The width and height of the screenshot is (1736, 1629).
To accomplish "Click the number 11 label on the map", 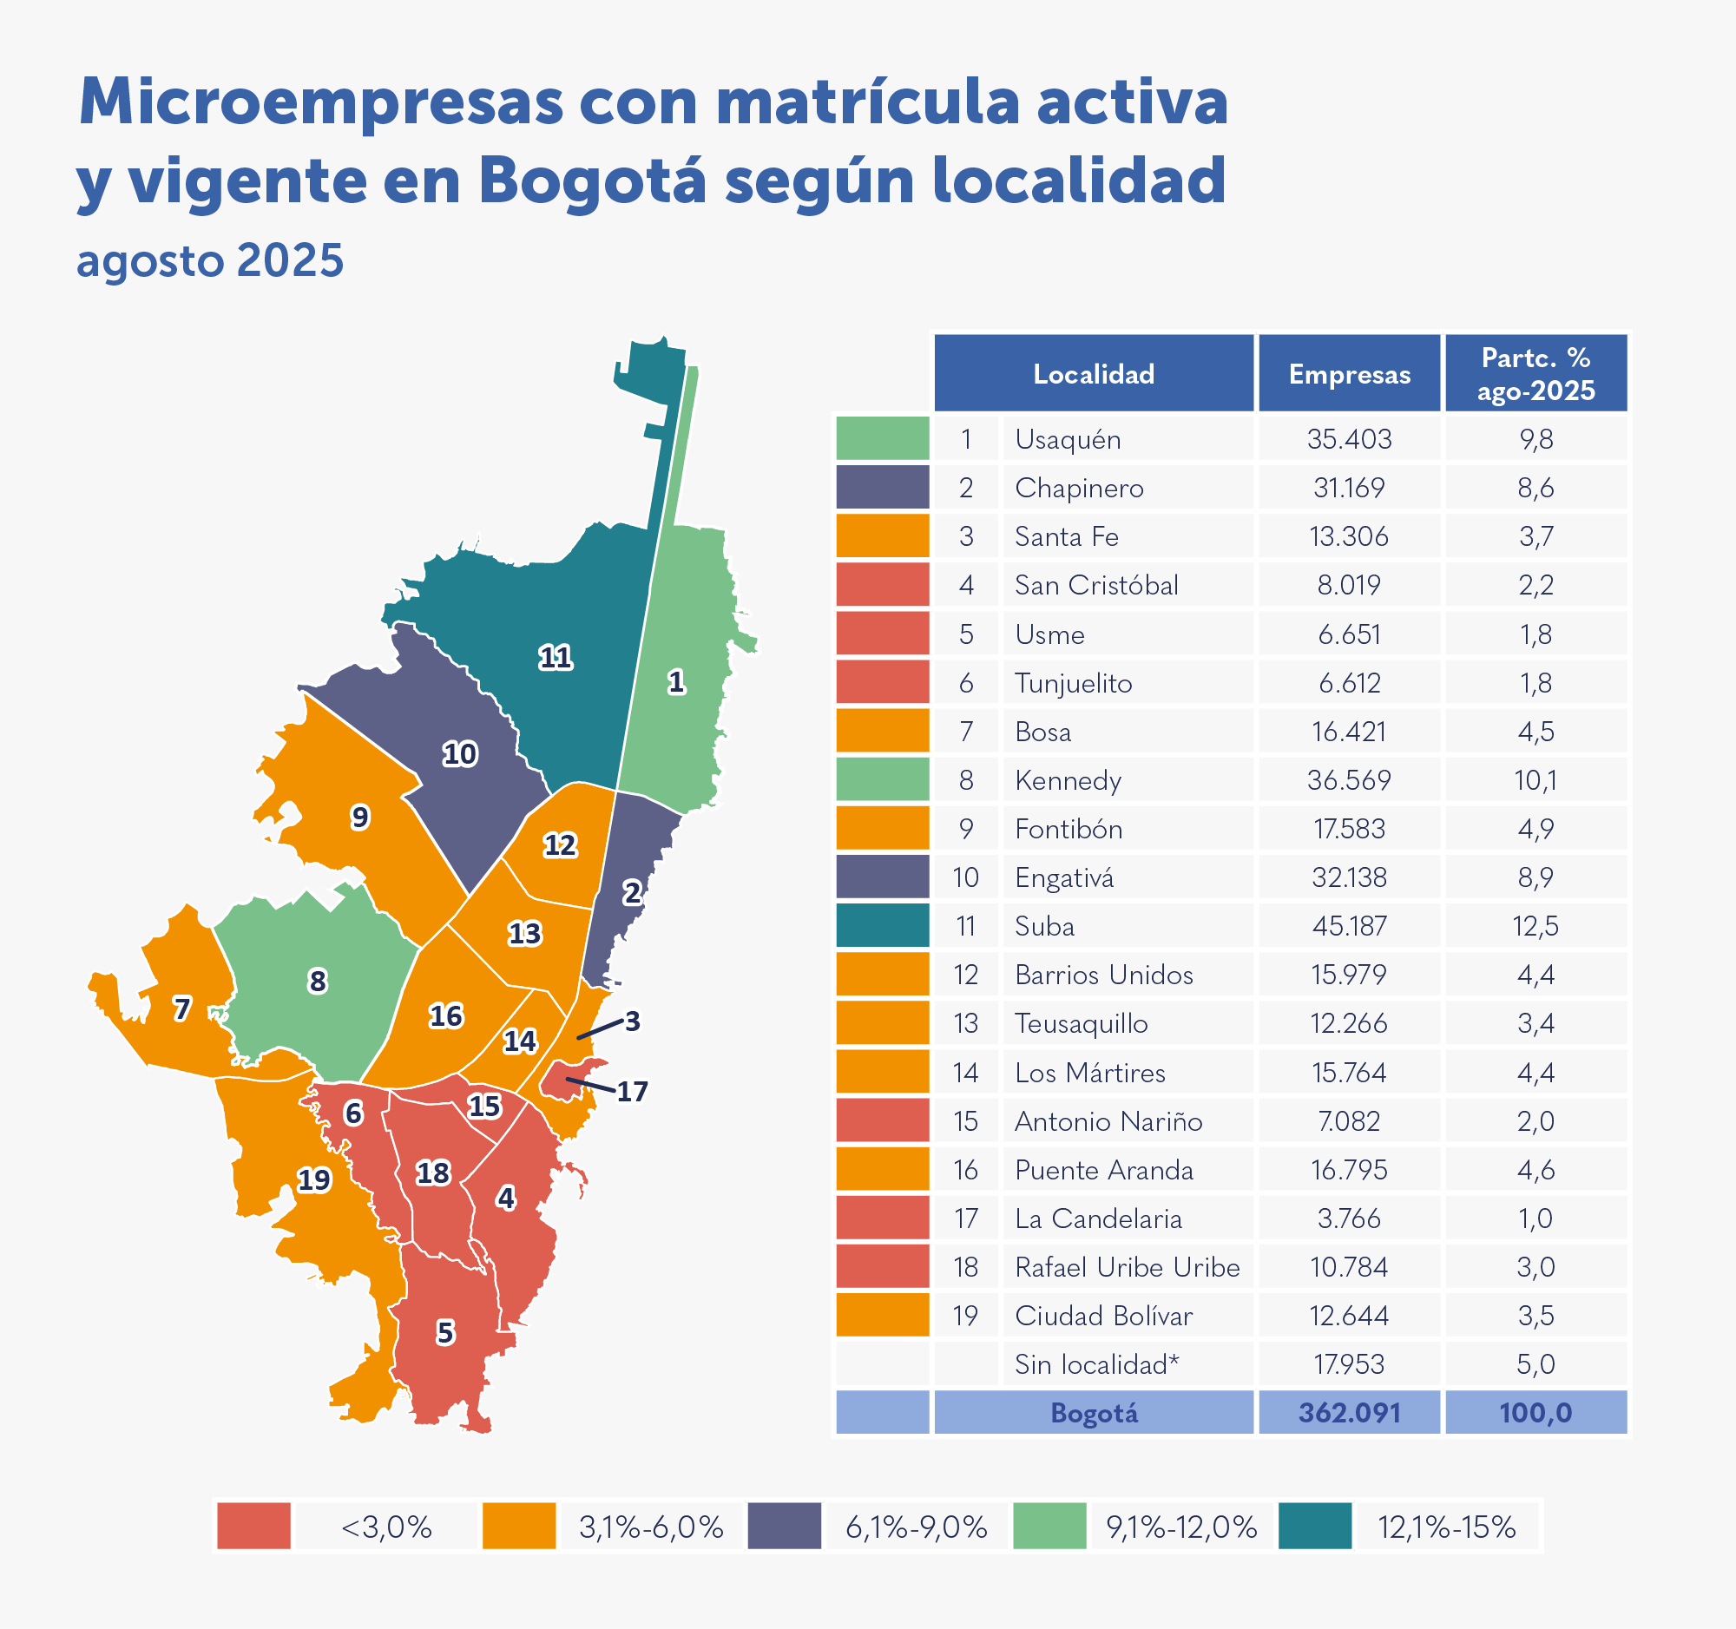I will [x=556, y=657].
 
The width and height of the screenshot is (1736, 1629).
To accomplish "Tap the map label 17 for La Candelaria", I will [x=632, y=1092].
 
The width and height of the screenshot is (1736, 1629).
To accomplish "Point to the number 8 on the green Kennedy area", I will [x=318, y=982].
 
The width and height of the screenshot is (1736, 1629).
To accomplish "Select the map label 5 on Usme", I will [x=445, y=1333].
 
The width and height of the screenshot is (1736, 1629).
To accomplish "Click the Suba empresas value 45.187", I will [x=1349, y=926].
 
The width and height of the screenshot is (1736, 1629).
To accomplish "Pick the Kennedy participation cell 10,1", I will [x=1535, y=780].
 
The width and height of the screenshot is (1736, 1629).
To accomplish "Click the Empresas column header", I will [x=1349, y=375].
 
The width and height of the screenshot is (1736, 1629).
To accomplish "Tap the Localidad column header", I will [x=1094, y=375].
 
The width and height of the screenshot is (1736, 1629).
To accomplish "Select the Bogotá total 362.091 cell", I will [x=1349, y=1414].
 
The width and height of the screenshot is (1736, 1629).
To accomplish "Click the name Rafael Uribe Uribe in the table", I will [x=1127, y=1268].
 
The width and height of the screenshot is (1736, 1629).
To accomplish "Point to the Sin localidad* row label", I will [x=1097, y=1364].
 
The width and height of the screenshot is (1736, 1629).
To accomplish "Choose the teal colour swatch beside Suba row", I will [x=882, y=926].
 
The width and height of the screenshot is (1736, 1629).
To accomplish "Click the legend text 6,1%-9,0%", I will [x=916, y=1527].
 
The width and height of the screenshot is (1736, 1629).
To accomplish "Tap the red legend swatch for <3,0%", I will [x=253, y=1527].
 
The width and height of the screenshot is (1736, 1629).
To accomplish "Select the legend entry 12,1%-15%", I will [x=1446, y=1527].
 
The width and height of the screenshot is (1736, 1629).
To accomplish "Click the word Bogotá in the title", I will [x=591, y=181].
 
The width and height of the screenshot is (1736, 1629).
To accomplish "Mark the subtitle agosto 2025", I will [x=210, y=261].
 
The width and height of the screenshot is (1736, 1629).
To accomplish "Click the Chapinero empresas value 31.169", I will [x=1349, y=488].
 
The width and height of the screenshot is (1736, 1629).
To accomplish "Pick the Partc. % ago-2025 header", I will [x=1535, y=375].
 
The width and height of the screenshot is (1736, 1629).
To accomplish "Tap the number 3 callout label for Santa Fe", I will [x=632, y=1021].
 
